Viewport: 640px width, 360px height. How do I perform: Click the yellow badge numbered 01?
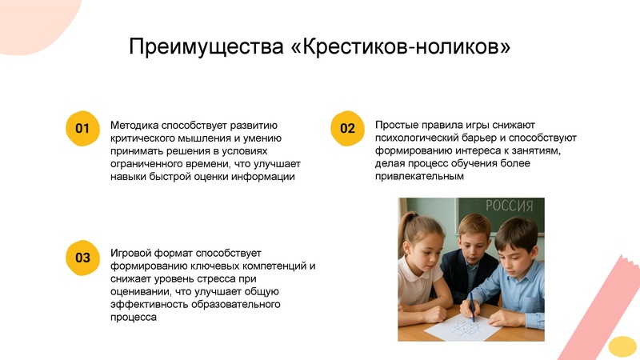coord(82,128)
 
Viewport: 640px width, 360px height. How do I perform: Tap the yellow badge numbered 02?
coord(347,128)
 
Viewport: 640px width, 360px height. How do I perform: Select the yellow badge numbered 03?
coord(82,257)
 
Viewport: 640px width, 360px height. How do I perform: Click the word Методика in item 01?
coord(134,126)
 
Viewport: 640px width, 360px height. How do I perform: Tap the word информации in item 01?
coord(262,177)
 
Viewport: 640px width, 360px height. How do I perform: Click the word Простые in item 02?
coord(398,126)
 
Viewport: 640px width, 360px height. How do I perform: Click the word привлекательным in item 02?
coord(419,177)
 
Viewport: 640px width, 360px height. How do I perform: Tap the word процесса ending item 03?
coord(133,318)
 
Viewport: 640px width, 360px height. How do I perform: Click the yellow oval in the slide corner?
coord(622,346)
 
